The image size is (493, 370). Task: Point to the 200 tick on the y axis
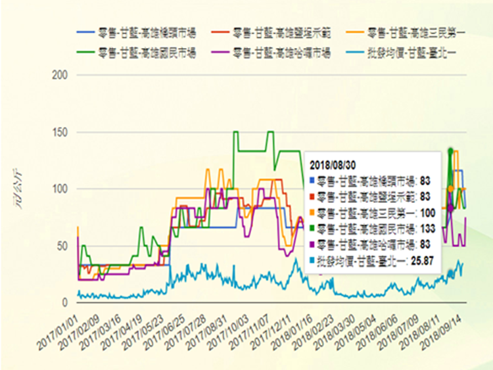pyautogui.click(x=61, y=75)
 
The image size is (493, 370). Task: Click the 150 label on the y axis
pyautogui.click(x=61, y=132)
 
